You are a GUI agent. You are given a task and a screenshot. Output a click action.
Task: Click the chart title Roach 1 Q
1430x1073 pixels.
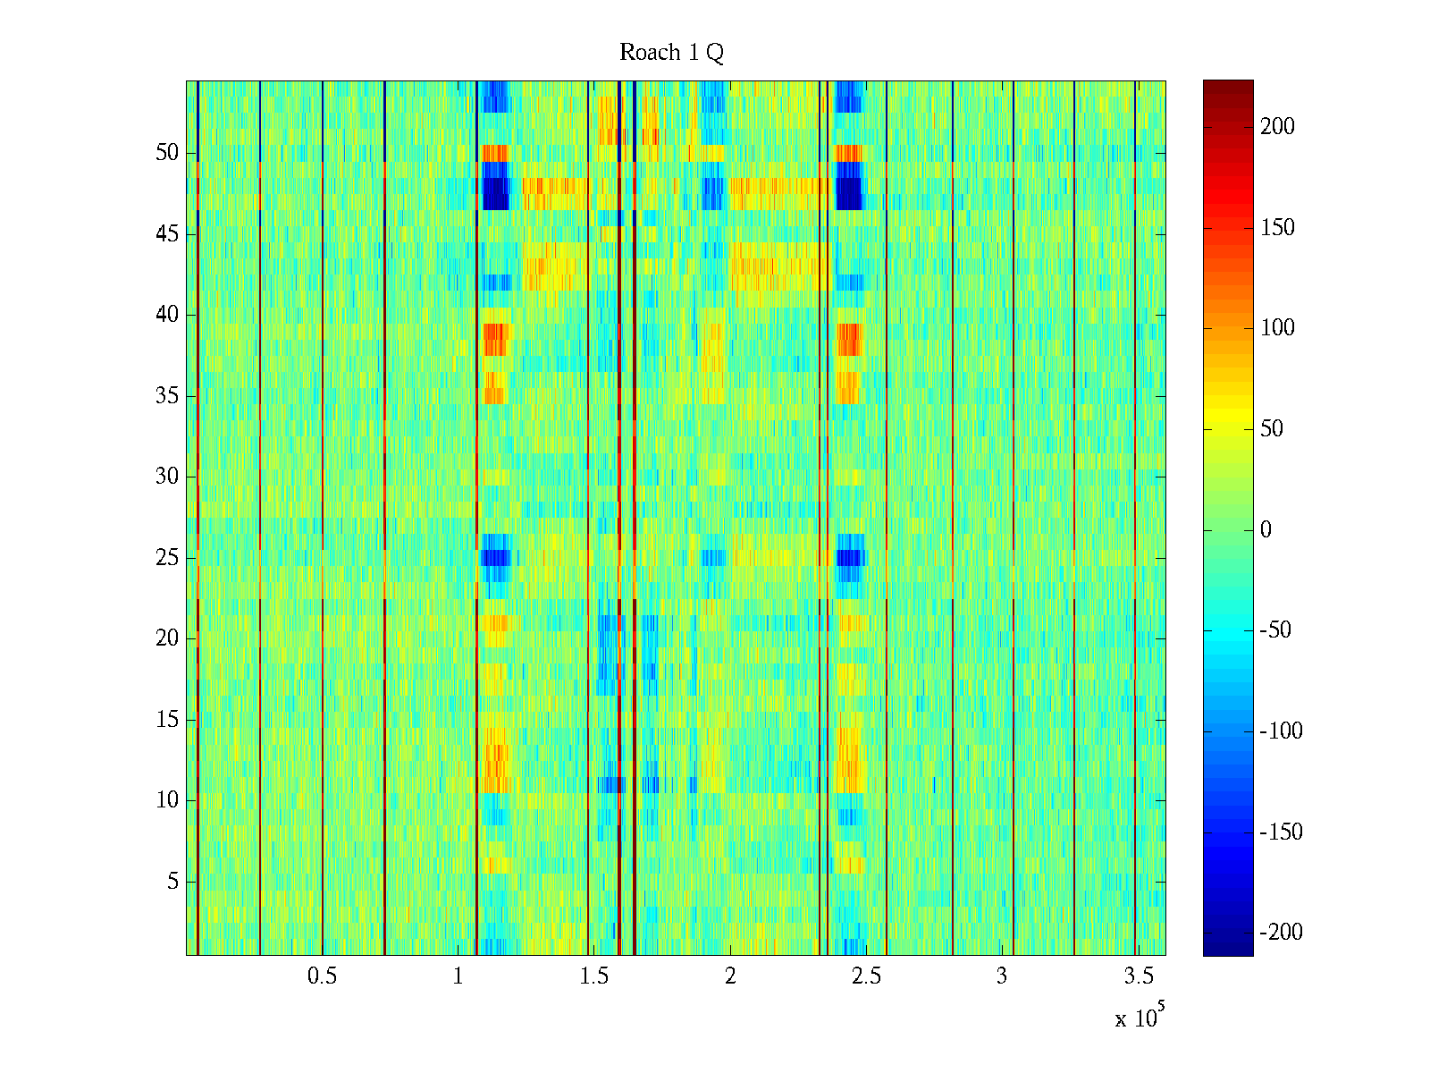click(671, 54)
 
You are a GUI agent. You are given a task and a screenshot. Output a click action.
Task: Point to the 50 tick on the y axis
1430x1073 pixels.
click(167, 153)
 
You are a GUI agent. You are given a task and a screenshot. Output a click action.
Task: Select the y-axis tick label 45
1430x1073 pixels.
click(167, 234)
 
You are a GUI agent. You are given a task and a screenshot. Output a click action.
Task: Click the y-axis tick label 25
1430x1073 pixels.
click(167, 558)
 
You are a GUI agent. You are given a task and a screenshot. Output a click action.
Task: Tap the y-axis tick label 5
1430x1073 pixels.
click(172, 882)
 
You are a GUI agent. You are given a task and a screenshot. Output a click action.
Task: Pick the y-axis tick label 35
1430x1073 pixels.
click(167, 396)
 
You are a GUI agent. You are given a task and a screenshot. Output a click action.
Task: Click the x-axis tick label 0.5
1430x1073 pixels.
click(322, 976)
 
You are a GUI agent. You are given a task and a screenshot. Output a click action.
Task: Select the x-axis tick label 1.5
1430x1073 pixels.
click(594, 976)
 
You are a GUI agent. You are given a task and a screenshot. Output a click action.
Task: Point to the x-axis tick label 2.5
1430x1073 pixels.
click(866, 976)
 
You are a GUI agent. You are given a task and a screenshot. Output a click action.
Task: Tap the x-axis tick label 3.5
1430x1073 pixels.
click(1139, 976)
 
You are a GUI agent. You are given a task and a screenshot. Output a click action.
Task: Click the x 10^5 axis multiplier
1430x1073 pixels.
click(1140, 1017)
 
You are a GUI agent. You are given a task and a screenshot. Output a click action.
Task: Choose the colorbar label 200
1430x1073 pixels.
click(1277, 127)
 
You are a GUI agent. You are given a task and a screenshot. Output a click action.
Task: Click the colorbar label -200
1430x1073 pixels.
click(1281, 933)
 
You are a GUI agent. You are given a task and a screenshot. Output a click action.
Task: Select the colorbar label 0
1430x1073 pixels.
click(1266, 530)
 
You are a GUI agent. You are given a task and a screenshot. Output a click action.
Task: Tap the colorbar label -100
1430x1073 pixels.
click(1281, 731)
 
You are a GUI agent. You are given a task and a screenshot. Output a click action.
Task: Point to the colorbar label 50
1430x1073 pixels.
click(1271, 429)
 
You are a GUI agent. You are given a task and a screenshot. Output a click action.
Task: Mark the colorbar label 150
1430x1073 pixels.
click(1277, 228)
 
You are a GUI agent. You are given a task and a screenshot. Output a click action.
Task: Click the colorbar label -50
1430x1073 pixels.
click(1275, 630)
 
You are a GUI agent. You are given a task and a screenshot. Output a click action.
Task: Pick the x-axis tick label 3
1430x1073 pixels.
click(1002, 976)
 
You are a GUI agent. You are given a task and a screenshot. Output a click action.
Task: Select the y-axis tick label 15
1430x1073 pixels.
click(167, 720)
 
